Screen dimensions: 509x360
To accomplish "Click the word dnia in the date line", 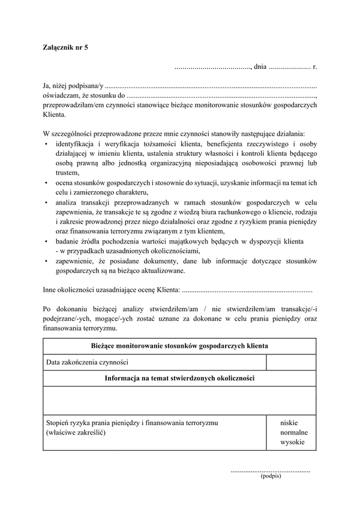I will point(260,67).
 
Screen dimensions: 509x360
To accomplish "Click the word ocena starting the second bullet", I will point(65,182).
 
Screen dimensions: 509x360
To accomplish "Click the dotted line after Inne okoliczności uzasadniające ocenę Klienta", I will point(247,290).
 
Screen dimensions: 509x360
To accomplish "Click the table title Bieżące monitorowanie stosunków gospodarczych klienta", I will point(179,347).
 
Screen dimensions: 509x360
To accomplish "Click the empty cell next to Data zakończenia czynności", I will point(291,362).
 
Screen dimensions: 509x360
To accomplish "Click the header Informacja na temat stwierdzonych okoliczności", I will point(179,379).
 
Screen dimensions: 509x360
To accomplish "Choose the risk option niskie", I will point(289,423).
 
